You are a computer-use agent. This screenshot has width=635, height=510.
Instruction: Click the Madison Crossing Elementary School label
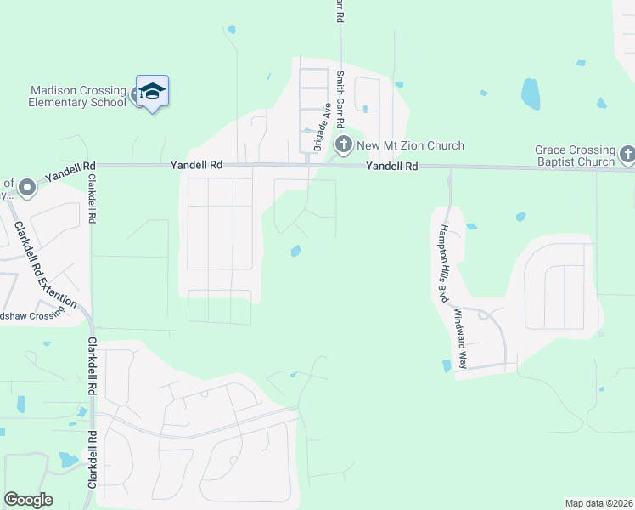(77, 96)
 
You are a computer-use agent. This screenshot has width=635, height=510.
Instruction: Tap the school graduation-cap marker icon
(152, 91)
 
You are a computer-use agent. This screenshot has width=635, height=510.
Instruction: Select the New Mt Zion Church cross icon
(344, 145)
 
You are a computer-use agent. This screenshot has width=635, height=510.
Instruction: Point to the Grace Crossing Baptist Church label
(575, 156)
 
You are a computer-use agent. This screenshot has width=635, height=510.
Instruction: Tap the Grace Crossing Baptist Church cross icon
(627, 155)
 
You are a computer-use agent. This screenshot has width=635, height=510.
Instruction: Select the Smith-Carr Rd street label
(339, 98)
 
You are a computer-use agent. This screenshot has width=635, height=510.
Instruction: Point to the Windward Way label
(459, 338)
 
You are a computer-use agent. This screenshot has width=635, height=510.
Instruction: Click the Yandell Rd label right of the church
(392, 167)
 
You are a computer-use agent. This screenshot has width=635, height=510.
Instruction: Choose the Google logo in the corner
(29, 500)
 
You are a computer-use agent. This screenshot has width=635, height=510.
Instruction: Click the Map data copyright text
(598, 503)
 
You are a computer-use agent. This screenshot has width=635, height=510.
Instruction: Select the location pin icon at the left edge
(26, 185)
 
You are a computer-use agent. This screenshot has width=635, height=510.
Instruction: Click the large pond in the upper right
(531, 93)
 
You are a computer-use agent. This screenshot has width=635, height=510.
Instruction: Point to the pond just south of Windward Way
(447, 366)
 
